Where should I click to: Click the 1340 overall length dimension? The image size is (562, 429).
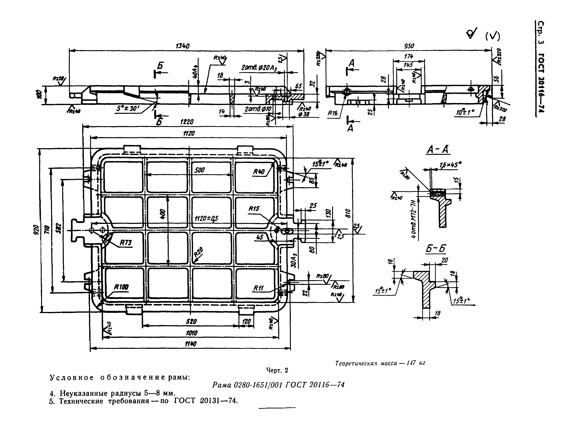click(183, 46)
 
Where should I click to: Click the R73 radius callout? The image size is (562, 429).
click(126, 243)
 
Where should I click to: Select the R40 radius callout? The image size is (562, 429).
click(259, 172)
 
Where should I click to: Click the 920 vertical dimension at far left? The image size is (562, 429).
click(36, 230)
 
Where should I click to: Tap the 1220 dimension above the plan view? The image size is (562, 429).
click(187, 122)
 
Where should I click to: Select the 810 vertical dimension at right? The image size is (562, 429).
click(349, 213)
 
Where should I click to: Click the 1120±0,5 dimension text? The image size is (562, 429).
click(206, 218)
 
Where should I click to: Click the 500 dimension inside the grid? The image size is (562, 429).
click(199, 170)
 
